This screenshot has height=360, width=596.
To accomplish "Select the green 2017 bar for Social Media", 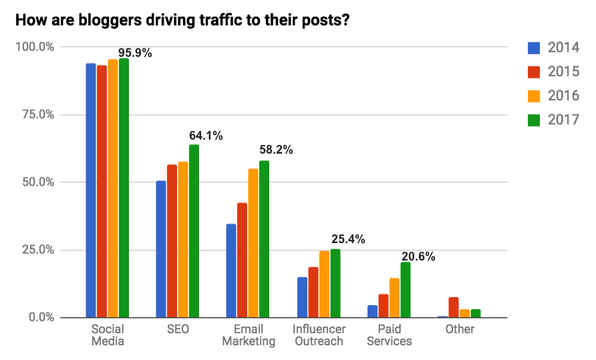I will tap(124, 188).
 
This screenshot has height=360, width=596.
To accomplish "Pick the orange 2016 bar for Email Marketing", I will tap(253, 243).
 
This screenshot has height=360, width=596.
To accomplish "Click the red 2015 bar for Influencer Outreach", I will tap(313, 292).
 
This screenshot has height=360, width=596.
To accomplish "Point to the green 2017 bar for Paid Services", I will tap(406, 289).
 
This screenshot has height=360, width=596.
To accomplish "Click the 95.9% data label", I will tap(135, 53).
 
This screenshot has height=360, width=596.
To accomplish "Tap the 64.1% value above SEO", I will tap(206, 136).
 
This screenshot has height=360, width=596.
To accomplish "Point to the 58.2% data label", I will tap(276, 150).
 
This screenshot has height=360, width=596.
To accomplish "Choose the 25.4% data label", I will tap(348, 239).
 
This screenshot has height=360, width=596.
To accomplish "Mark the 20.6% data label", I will tap(418, 254).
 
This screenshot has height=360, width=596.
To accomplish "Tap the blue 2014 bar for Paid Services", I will tap(372, 311).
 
